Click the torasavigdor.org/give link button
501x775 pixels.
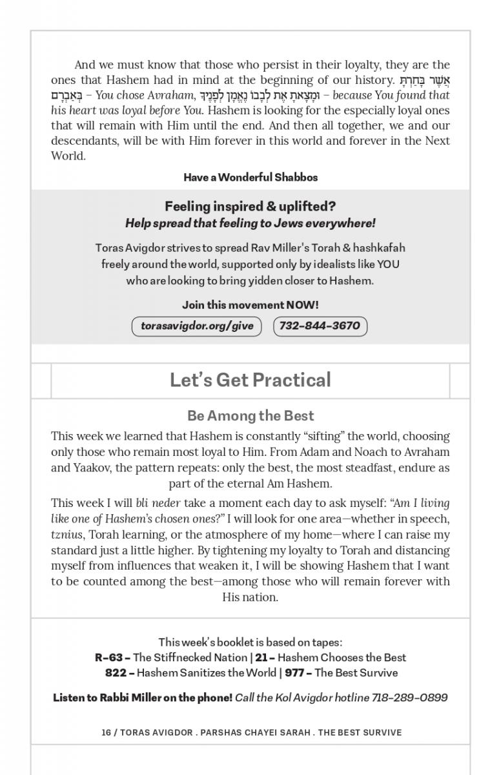coord(196,326)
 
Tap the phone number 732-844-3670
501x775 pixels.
coord(320,326)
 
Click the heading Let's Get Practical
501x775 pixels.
coord(251,380)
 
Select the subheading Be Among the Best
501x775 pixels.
coord(251,416)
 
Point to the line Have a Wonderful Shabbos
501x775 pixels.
coord(251,177)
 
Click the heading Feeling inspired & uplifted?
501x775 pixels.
coord(251,207)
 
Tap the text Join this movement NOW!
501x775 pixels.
coord(251,305)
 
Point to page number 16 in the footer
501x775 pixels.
coord(106,732)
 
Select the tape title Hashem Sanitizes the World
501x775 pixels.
coord(207,673)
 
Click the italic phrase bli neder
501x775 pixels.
coord(158,503)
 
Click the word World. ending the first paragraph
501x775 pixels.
coord(68,156)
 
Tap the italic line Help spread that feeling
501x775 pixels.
coord(251,223)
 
